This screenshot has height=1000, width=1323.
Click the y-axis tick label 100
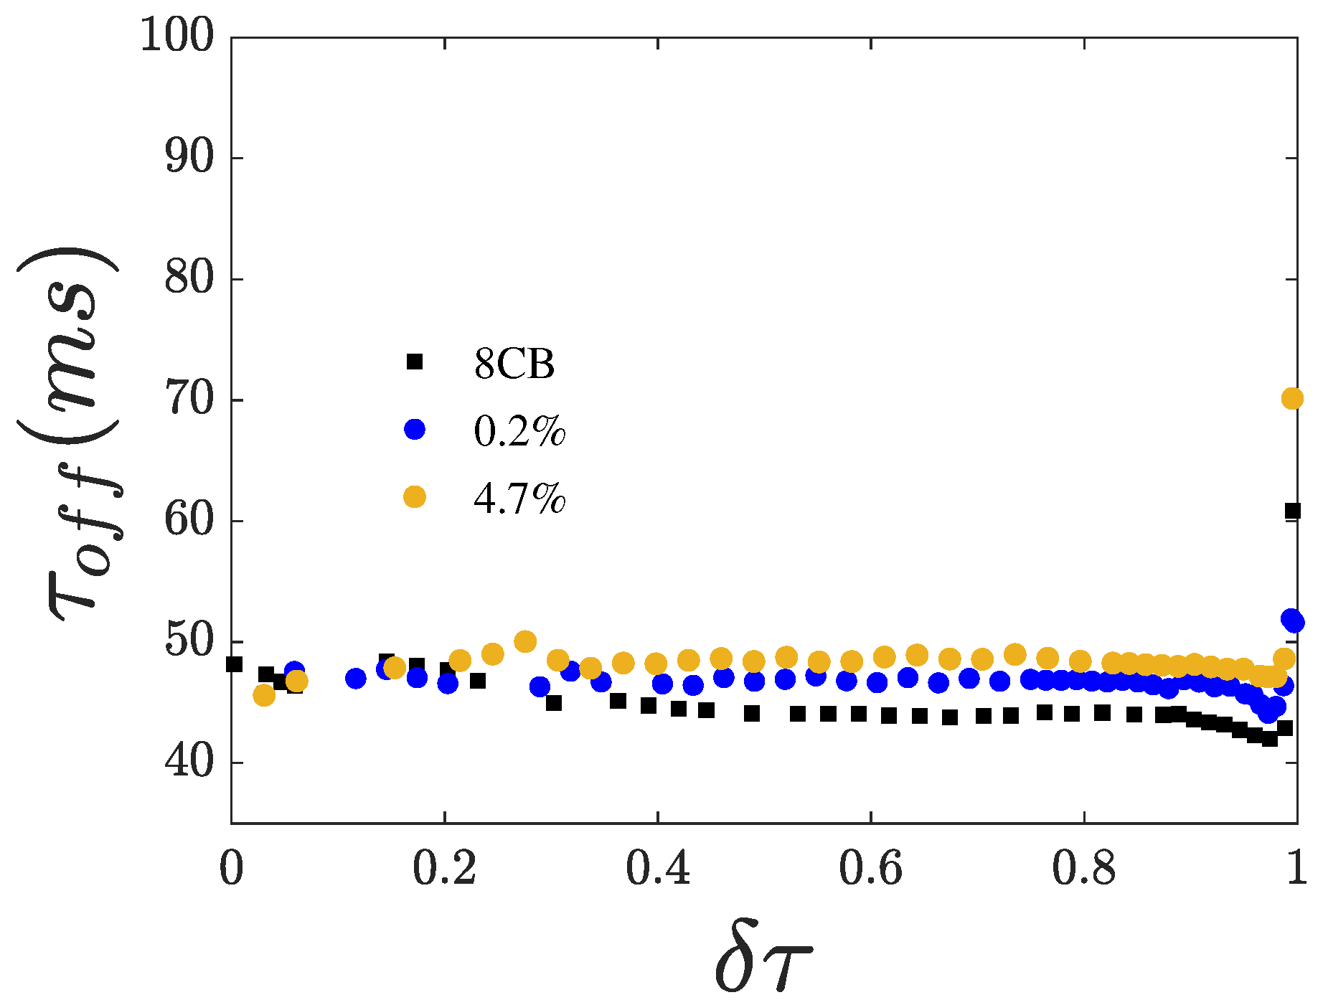[x=176, y=36]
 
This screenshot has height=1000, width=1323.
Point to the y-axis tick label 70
[x=189, y=400]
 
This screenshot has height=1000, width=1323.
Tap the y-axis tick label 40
[x=189, y=763]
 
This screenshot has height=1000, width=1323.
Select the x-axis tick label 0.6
[x=870, y=869]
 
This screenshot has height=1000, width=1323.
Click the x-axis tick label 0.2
[x=444, y=869]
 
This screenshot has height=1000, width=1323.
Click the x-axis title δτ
[x=763, y=958]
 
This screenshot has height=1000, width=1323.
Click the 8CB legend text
[x=514, y=364]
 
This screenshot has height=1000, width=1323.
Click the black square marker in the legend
[x=415, y=362]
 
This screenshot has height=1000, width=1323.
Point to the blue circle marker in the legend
[x=415, y=429]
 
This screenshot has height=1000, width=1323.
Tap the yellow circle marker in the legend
[x=415, y=496]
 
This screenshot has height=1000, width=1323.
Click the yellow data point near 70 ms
[x=1291, y=398]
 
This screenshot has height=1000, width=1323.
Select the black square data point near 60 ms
[x=1293, y=511]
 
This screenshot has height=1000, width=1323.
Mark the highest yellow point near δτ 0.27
[x=525, y=641]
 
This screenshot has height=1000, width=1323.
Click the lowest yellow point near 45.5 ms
[x=264, y=694]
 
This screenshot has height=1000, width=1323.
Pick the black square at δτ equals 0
[x=234, y=664]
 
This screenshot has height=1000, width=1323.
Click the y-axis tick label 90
[x=189, y=158]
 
